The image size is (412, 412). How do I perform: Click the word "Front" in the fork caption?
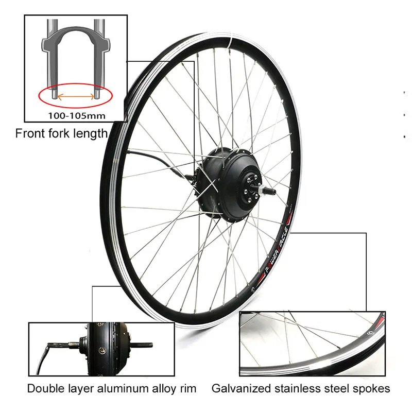coord(32,133)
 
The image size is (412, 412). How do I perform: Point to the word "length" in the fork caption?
coord(92,133)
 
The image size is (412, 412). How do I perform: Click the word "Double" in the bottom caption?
coord(45,388)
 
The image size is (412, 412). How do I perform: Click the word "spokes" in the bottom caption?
coord(372,388)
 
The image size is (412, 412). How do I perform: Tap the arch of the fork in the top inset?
coord(75,39)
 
